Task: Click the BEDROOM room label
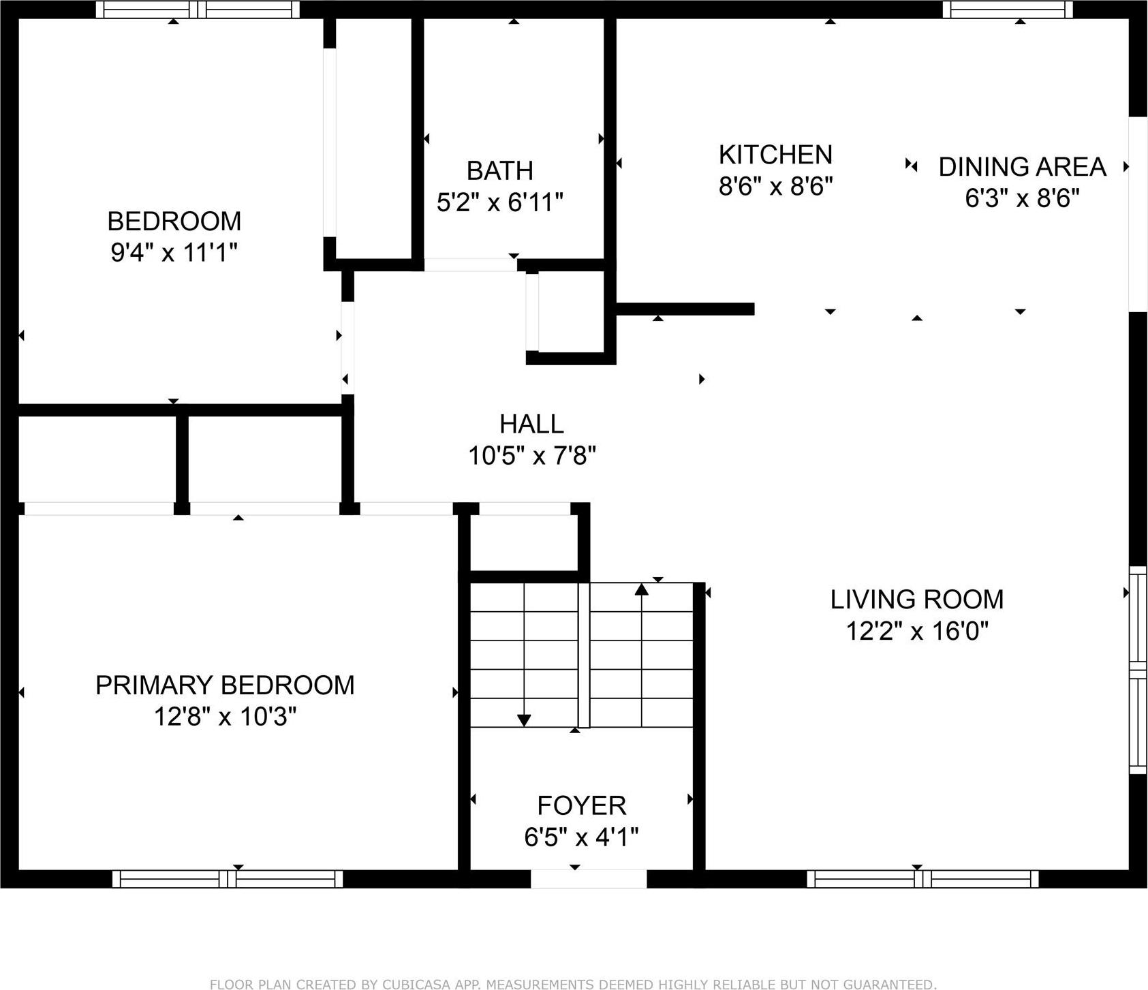pyautogui.click(x=174, y=221)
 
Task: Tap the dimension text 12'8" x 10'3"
pyautogui.click(x=225, y=717)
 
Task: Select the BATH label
pyautogui.click(x=499, y=170)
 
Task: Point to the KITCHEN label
pyautogui.click(x=775, y=155)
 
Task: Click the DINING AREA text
pyautogui.click(x=1021, y=167)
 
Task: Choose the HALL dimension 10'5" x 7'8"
pyautogui.click(x=531, y=455)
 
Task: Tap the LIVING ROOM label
pyautogui.click(x=916, y=600)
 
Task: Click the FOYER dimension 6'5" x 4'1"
pyautogui.click(x=581, y=837)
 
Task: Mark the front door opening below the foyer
pyautogui.click(x=588, y=879)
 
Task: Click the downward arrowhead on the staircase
pyautogui.click(x=524, y=720)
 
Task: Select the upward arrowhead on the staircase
pyautogui.click(x=641, y=589)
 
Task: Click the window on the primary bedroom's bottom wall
pyautogui.click(x=228, y=879)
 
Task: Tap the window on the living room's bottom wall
pyautogui.click(x=922, y=879)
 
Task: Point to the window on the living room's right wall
pyautogui.click(x=1138, y=670)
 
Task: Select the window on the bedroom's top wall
pyautogui.click(x=198, y=10)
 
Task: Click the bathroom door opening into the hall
pyautogui.click(x=470, y=265)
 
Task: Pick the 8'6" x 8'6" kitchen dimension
pyautogui.click(x=775, y=186)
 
